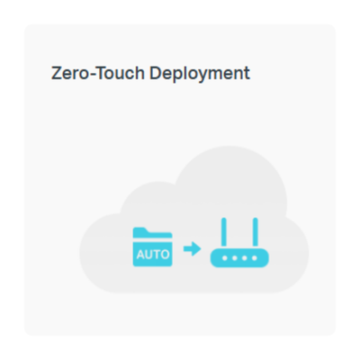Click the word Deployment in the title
pos(200,74)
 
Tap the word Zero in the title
pos(70,73)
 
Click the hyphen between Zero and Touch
pos(92,75)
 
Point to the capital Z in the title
pos(57,73)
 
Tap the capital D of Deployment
pos(155,73)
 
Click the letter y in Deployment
pos(202,76)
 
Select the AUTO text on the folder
pos(153,255)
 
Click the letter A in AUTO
pos(140,255)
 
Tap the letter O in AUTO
pos(165,255)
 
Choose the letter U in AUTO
pos(148,255)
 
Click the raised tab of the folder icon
pos(141,230)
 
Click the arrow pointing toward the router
pos(192,248)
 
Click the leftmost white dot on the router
pos(224,258)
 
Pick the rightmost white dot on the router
pos(255,258)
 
